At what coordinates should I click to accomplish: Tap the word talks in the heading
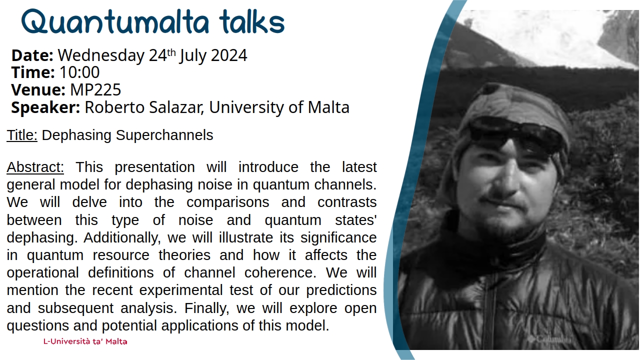pyautogui.click(x=251, y=22)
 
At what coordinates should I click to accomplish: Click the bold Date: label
pyautogui.click(x=32, y=55)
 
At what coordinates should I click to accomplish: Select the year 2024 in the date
pyautogui.click(x=228, y=55)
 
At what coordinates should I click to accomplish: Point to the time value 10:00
pyautogui.click(x=79, y=72)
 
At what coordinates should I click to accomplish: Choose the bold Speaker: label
pyautogui.click(x=45, y=107)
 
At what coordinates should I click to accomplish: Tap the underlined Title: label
pyautogui.click(x=22, y=135)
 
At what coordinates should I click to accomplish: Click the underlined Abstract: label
pyautogui.click(x=35, y=167)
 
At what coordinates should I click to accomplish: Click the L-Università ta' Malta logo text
pyautogui.click(x=85, y=342)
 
